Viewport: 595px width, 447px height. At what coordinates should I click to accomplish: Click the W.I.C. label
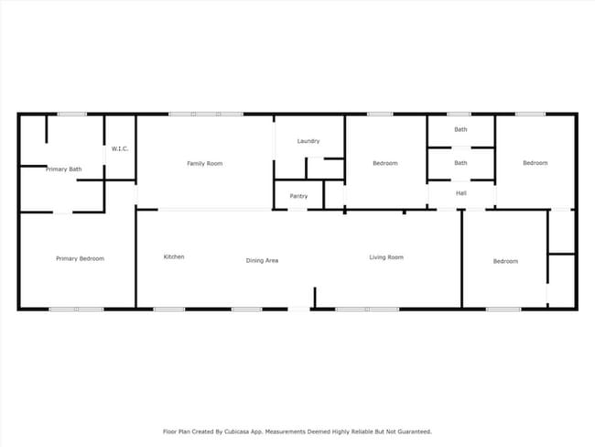(x=120, y=148)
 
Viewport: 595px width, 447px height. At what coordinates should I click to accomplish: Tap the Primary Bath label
(x=64, y=169)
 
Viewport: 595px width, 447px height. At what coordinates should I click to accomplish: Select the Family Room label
(x=205, y=163)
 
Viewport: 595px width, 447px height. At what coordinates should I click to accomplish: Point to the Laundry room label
(x=308, y=141)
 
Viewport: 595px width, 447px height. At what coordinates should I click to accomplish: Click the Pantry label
(x=298, y=196)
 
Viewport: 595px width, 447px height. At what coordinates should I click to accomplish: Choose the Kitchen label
(x=174, y=256)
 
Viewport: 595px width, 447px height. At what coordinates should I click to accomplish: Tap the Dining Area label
(x=262, y=261)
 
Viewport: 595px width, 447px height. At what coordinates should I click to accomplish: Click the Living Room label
(x=386, y=257)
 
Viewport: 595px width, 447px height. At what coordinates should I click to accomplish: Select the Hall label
(x=461, y=193)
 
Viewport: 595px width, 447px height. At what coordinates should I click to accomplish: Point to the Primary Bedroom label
(x=80, y=259)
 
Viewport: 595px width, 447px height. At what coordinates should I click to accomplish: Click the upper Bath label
(x=460, y=129)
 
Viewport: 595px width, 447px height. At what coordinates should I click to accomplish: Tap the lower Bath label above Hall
(x=460, y=163)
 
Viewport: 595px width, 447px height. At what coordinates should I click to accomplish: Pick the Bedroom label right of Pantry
(x=385, y=163)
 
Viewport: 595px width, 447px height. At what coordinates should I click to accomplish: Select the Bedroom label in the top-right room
(x=535, y=163)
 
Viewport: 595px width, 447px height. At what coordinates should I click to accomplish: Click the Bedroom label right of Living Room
(x=505, y=261)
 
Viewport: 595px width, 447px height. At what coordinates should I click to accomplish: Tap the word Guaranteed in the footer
(x=410, y=431)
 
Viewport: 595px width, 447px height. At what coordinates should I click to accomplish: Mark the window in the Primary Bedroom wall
(x=76, y=309)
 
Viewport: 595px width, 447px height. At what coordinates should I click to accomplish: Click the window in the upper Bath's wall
(x=459, y=114)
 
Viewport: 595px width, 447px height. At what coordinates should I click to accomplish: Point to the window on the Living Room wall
(x=367, y=309)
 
